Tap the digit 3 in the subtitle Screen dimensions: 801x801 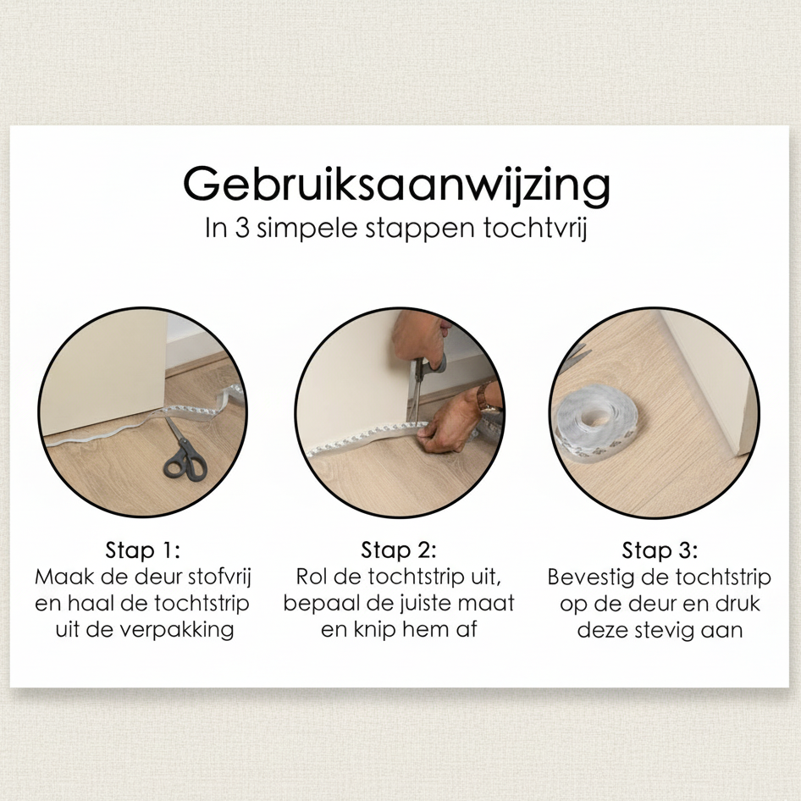[242, 228]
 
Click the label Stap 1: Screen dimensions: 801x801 [143, 550]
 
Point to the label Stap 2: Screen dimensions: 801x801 [399, 550]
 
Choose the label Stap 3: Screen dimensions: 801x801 [660, 550]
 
